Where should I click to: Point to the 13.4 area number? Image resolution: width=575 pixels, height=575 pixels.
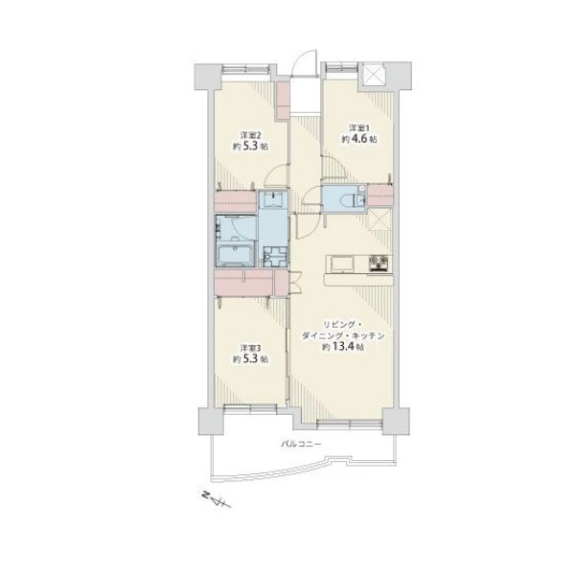343,347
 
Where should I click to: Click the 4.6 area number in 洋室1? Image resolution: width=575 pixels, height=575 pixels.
359,139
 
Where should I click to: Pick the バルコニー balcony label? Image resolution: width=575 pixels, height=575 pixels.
301,444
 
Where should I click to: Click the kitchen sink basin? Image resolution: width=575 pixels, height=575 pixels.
342,264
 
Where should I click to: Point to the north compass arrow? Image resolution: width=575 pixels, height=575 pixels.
217,498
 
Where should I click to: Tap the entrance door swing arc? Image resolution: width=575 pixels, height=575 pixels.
304,61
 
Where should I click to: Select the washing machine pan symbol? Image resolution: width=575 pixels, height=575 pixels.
273,255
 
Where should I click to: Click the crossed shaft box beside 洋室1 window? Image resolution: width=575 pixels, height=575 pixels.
373,74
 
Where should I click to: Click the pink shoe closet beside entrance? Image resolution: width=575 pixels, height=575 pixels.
283,100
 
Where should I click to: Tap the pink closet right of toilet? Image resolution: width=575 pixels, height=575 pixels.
380,195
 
